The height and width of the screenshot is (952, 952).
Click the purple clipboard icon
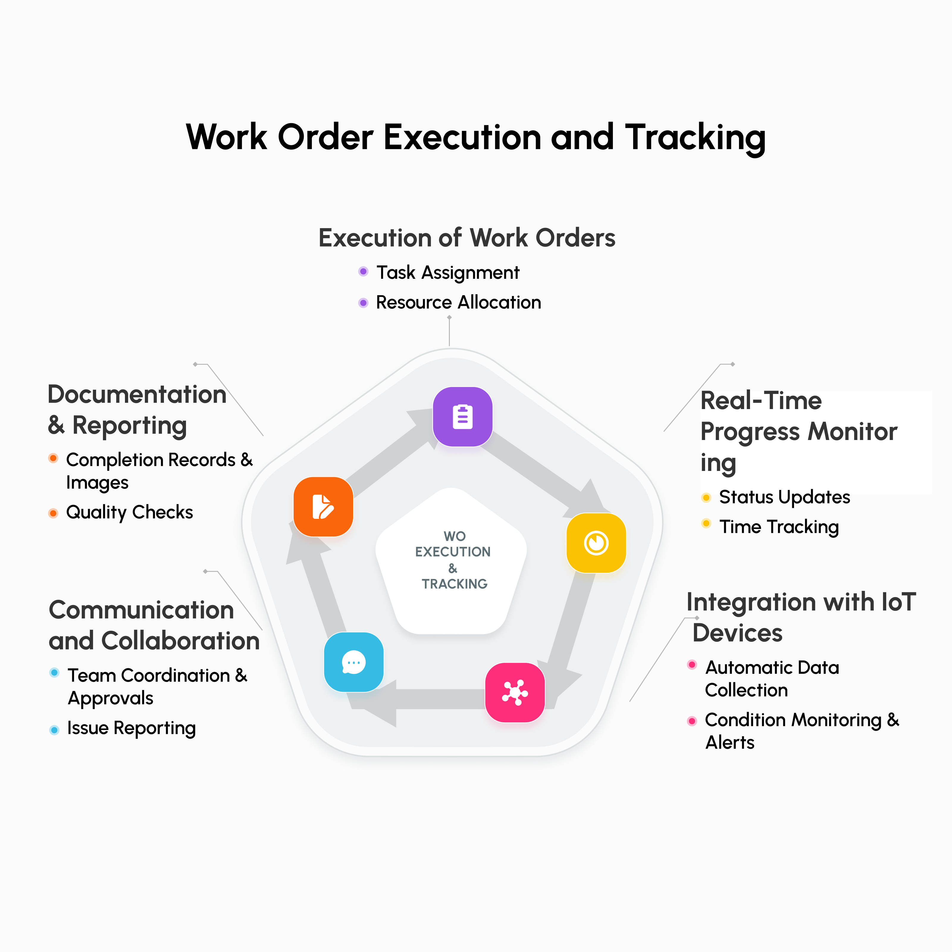(x=462, y=417)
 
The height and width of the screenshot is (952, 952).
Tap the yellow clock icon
(x=596, y=543)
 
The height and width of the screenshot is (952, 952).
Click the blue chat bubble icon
(x=353, y=662)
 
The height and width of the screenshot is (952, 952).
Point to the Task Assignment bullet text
(x=447, y=273)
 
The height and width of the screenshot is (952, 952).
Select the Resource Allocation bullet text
(x=458, y=302)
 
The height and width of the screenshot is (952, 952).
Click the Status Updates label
(x=785, y=497)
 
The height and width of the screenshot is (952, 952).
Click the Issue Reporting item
(x=131, y=728)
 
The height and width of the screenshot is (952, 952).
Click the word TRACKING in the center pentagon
(x=454, y=584)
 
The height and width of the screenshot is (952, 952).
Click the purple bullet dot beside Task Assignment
(x=363, y=272)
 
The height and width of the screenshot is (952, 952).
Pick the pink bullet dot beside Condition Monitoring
(x=692, y=721)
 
